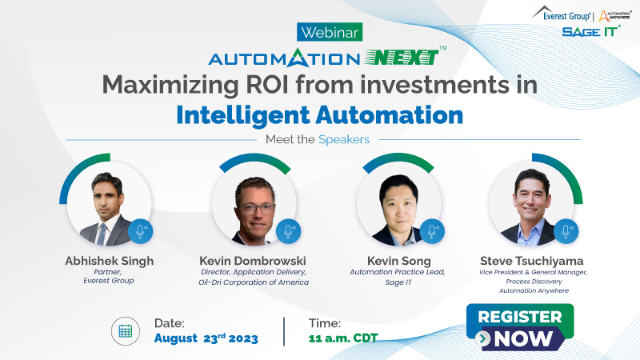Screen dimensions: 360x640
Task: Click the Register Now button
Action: coord(520,327)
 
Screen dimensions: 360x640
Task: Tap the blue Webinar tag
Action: coord(330,32)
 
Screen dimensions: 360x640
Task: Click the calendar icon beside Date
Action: coord(126,330)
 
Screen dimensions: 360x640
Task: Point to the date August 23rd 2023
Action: coord(206,338)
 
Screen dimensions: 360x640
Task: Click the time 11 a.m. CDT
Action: coord(342,338)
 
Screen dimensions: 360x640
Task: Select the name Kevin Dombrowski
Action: coord(254,261)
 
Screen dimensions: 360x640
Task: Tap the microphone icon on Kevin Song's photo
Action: coord(433,231)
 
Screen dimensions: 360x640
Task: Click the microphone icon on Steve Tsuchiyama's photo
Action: coord(566,231)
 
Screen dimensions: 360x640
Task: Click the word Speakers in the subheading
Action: coord(344,139)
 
